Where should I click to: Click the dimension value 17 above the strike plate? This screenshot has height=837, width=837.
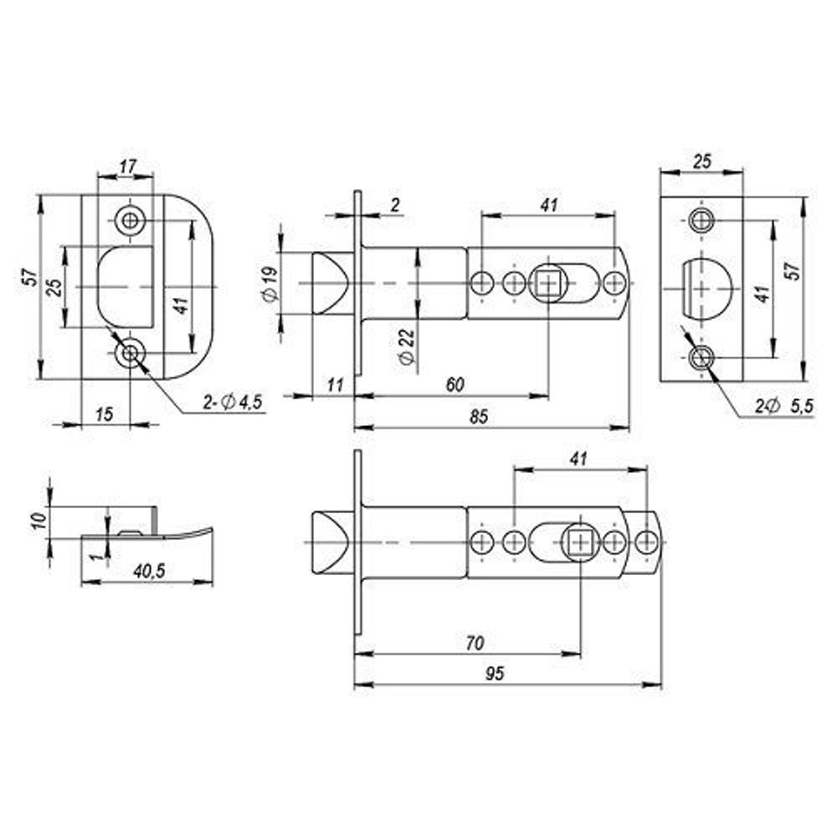127,167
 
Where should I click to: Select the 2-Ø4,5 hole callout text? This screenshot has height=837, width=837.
233,403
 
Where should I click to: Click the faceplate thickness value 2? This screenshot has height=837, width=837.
395,203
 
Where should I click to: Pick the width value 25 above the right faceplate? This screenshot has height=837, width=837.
702,162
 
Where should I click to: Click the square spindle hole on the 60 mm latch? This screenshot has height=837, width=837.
547,284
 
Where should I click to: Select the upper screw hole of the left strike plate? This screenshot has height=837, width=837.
129,220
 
